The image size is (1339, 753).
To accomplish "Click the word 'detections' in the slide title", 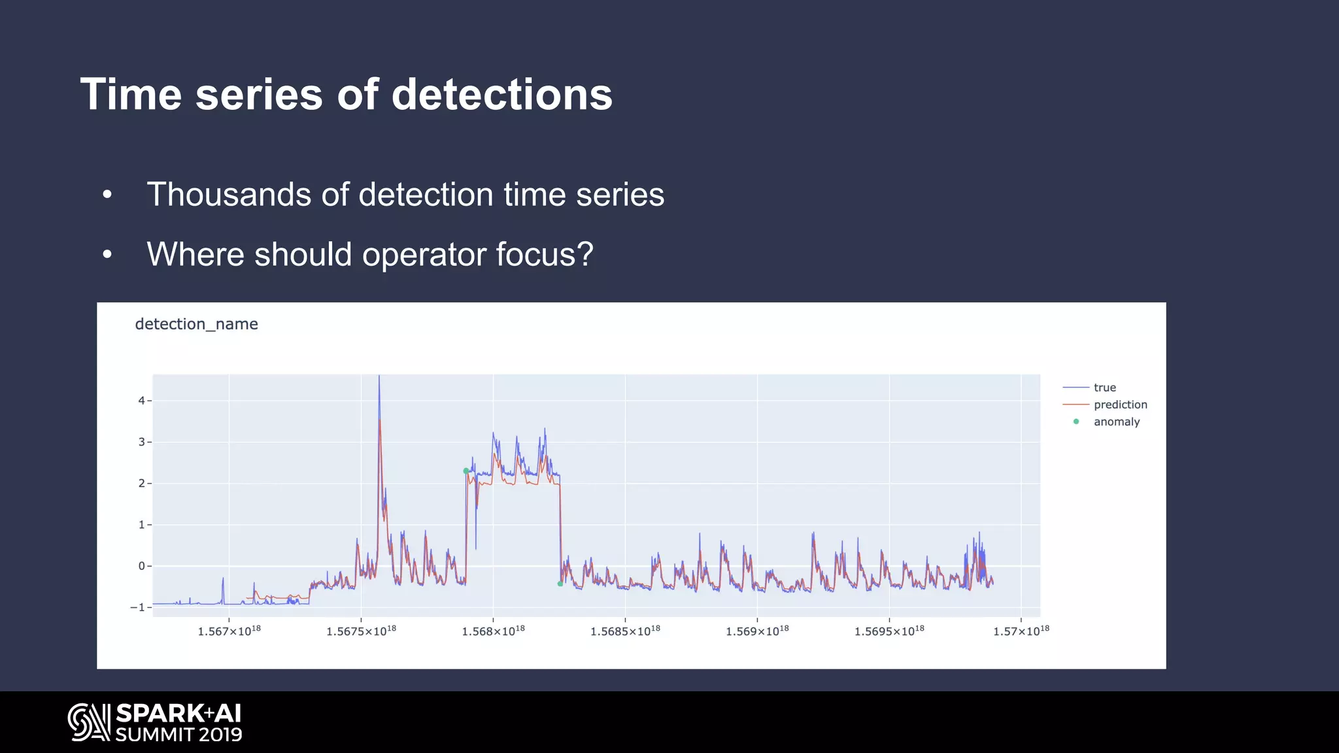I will point(501,95).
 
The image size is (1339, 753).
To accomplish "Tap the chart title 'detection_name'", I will point(196,324).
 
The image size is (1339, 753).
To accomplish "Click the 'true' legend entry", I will point(1104,388).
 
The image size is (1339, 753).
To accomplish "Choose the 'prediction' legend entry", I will point(1120,405).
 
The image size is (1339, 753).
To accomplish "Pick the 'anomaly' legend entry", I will point(1116,422).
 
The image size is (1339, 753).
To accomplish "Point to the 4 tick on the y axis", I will point(141,401).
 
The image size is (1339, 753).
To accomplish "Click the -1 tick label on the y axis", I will point(137,607).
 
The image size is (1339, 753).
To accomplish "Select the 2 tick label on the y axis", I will point(141,484).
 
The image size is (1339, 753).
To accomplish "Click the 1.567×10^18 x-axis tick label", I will point(229,631).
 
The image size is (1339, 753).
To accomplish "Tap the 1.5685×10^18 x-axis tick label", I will point(625,631).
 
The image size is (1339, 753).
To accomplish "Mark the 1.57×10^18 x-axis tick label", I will point(1021,631).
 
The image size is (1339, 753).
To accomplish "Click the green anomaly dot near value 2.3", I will point(466,471).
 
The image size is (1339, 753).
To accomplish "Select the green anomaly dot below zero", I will point(560,584).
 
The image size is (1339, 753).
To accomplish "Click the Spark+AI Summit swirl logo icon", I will point(90,722).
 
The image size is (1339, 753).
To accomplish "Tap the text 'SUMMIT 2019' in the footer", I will point(178,735).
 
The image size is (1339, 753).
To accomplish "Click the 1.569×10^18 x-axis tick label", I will point(757,631).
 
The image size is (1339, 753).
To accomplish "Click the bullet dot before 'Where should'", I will point(107,255).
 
